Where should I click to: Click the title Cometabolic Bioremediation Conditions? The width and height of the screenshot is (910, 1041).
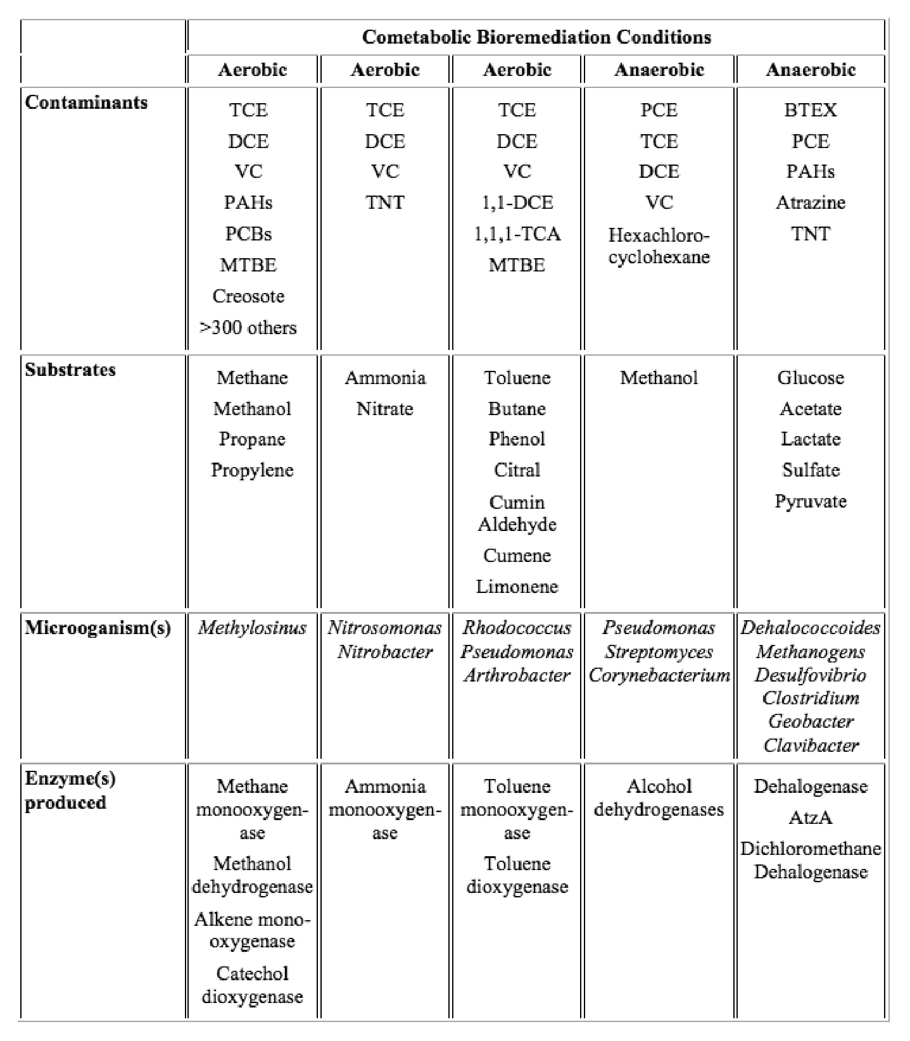tap(536, 37)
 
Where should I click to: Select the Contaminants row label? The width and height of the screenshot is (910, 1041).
tap(86, 103)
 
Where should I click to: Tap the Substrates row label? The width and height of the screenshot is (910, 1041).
tap(70, 370)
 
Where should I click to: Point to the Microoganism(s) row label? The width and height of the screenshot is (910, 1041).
tap(98, 628)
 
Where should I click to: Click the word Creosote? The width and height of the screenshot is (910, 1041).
tap(248, 296)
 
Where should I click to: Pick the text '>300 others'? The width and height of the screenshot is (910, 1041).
tap(248, 328)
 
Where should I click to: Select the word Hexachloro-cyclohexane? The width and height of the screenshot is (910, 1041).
tap(659, 246)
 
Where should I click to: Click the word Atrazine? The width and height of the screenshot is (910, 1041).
tap(810, 203)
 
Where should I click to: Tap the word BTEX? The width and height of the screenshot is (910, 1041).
tap(810, 110)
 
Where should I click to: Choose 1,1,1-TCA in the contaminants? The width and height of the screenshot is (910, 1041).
tap(517, 234)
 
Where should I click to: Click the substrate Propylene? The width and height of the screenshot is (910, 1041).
tap(252, 470)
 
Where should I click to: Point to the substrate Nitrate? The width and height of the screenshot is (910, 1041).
tap(384, 409)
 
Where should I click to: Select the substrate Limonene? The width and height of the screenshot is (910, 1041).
tap(517, 587)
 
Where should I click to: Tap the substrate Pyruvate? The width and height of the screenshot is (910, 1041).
tap(810, 501)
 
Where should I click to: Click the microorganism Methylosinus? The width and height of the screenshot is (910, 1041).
tap(252, 628)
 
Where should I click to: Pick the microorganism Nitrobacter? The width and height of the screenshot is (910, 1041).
tap(384, 652)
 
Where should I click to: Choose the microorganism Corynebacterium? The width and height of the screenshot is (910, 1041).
tap(659, 675)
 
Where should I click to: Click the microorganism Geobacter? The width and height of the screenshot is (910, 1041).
tap(810, 721)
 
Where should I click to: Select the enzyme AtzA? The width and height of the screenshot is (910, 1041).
tap(810, 818)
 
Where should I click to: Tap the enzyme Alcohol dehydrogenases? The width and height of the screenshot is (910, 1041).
tap(659, 798)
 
